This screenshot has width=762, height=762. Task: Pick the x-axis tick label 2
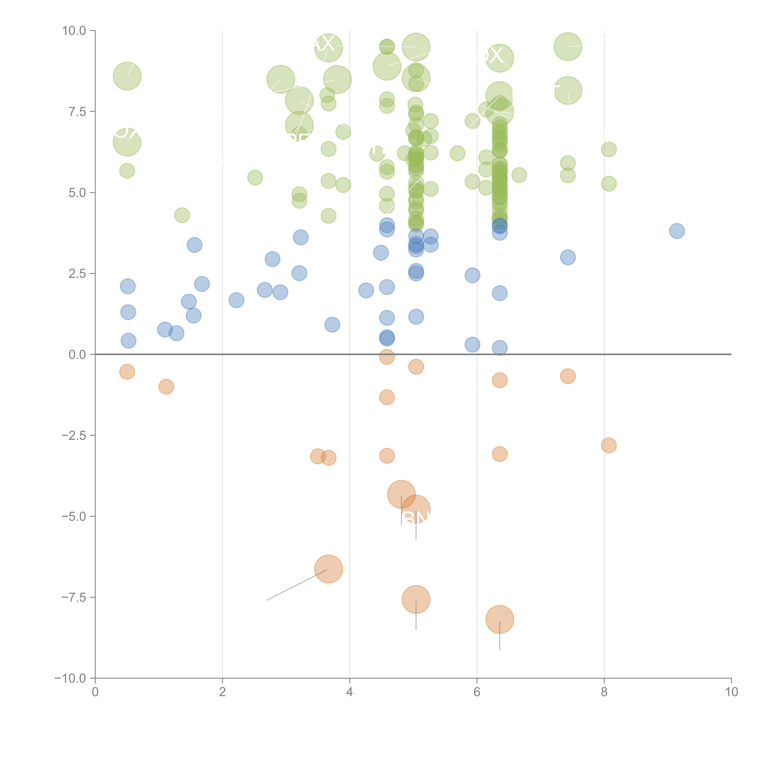click(223, 692)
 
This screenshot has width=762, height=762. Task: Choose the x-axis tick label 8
click(604, 692)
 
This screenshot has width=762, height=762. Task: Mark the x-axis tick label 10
click(731, 692)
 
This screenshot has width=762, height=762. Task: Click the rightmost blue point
click(677, 231)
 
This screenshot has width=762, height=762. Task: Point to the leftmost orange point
click(127, 372)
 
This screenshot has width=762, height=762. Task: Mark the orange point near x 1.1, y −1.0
click(166, 386)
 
